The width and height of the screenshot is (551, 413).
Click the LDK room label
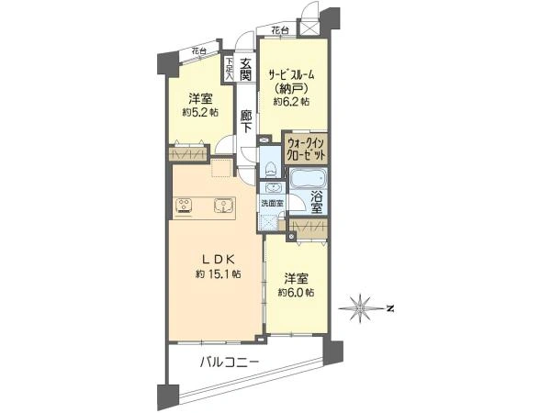coord(218,259)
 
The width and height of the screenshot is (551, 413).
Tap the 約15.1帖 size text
coord(218,273)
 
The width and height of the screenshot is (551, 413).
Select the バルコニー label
coord(230,362)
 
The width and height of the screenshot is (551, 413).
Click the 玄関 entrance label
coord(245,69)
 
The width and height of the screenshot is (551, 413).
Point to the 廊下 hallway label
coord(246,121)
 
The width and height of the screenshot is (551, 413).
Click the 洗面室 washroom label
coord(273,203)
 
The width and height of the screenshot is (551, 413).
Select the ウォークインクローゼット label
coord(306,150)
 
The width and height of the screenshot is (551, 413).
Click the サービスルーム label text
coord(291,74)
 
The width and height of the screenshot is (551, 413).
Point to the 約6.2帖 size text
coord(291,102)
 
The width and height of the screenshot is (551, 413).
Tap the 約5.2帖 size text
coord(200,112)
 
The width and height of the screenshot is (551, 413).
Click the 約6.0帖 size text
coord(297,292)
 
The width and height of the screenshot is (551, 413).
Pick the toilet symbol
coord(271,168)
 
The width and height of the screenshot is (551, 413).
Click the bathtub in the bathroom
coord(309,178)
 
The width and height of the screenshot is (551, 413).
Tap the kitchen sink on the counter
coord(224,206)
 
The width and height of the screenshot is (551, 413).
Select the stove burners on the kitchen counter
coord(185,206)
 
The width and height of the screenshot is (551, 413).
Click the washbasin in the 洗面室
coord(273,188)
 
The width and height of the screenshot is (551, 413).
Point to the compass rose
coord(361,308)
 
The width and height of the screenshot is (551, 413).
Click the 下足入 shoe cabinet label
coord(229,68)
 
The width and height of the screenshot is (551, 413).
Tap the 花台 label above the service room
coord(280,30)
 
